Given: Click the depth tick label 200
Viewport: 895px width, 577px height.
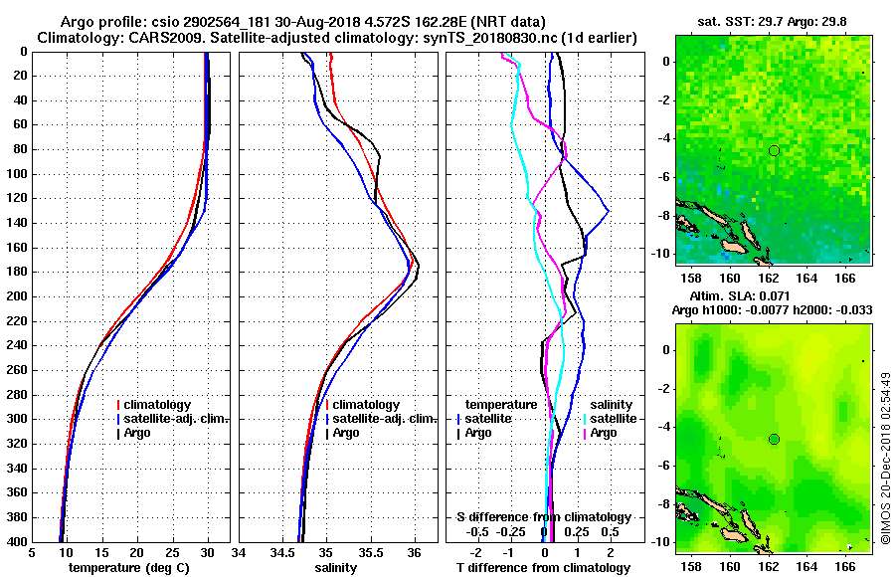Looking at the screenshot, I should coord(16,296).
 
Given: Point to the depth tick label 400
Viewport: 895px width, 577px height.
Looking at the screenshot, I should coord(16,542).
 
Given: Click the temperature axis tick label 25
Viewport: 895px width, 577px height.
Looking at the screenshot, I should coord(173,553).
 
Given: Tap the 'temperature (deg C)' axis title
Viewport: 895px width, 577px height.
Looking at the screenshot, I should coord(128,568).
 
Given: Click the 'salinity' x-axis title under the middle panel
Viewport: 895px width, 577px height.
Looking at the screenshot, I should coord(336,568).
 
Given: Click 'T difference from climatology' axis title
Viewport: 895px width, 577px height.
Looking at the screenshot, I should coord(544,568).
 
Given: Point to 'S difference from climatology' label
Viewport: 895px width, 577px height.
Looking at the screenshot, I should coord(543,517).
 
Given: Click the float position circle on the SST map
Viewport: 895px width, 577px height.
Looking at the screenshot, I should coord(774,150).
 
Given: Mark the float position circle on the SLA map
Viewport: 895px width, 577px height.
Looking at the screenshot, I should coord(774,439).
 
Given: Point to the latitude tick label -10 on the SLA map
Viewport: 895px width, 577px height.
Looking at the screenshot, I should coord(661,542).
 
